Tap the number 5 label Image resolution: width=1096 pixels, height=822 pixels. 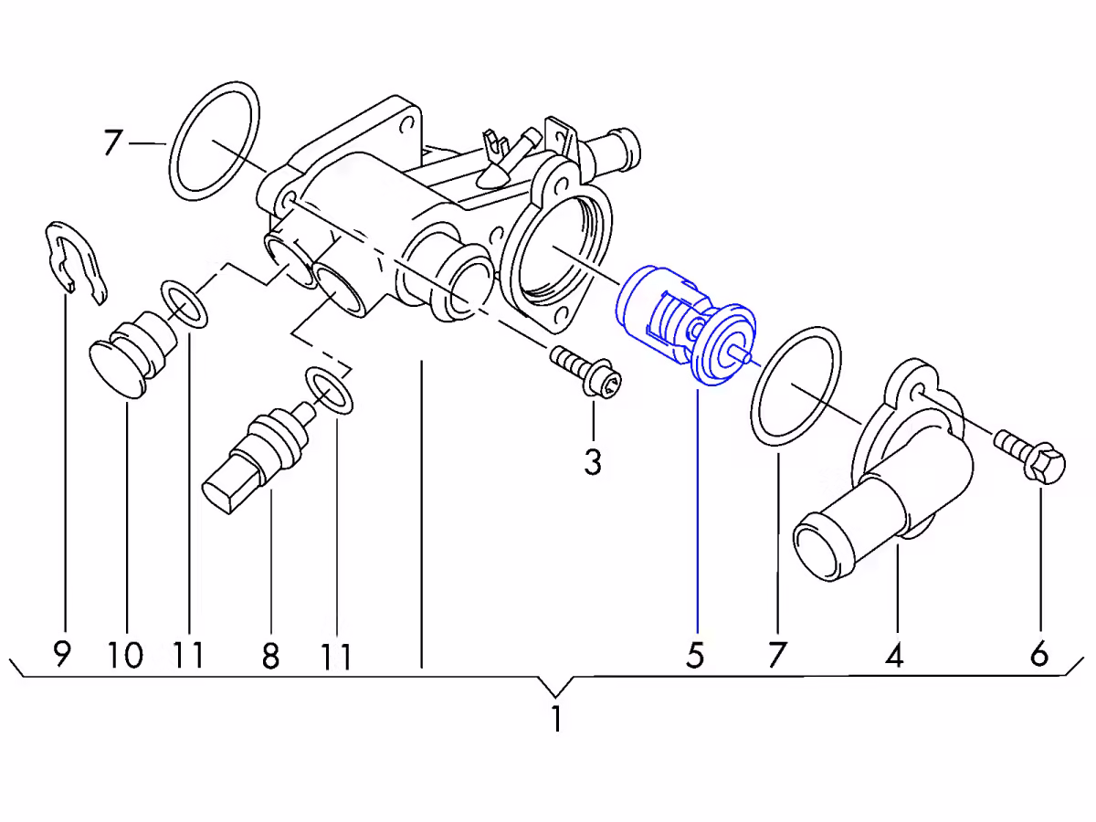coord(695,655)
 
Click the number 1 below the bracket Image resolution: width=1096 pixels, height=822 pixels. coord(556,718)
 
